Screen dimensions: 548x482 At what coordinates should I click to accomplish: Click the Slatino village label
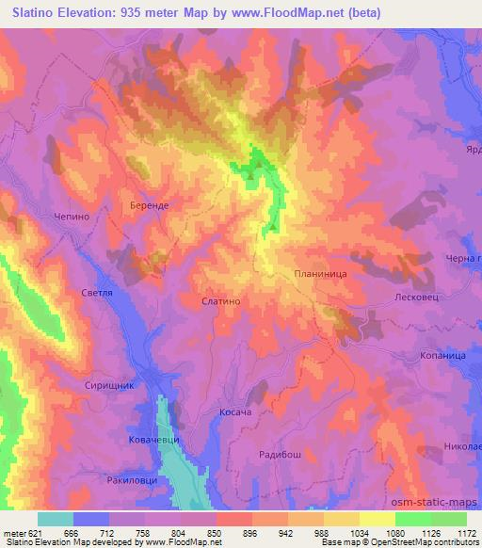(222, 301)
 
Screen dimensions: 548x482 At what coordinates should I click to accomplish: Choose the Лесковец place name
(412, 296)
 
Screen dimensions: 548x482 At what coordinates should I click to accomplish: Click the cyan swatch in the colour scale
(56, 519)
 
